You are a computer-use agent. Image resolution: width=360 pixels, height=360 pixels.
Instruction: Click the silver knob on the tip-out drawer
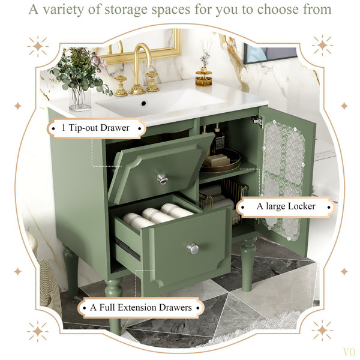click(163, 179)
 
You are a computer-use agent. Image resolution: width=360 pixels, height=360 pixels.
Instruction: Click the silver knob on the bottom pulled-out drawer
click(193, 248)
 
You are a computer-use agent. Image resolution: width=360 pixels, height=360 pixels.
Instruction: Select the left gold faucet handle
click(121, 85)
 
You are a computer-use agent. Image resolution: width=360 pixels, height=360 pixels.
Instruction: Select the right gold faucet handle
click(152, 81)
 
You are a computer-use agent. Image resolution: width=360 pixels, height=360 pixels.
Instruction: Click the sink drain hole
click(144, 103)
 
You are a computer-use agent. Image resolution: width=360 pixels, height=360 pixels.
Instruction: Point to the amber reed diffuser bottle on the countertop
click(203, 77)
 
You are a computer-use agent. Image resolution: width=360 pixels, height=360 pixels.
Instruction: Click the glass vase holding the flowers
click(79, 99)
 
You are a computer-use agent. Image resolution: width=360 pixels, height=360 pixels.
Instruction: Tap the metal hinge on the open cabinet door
click(257, 121)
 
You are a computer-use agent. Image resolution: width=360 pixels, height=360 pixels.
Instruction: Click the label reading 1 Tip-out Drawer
click(97, 128)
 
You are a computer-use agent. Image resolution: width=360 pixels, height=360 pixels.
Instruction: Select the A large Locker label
click(286, 206)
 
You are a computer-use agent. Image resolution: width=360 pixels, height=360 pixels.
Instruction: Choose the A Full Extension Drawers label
click(141, 307)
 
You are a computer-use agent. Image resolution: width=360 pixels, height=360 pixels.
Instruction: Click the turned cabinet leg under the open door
click(248, 264)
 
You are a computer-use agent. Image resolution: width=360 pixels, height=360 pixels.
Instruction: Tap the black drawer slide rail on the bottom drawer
click(127, 249)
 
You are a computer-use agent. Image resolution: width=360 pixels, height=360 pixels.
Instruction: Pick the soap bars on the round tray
click(216, 160)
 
